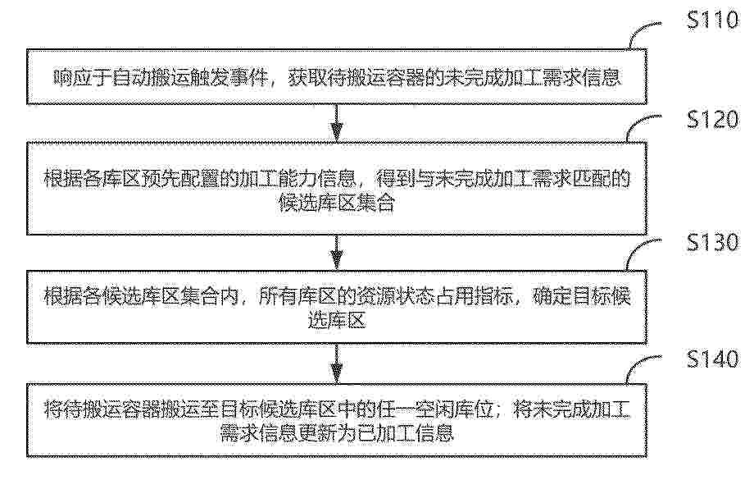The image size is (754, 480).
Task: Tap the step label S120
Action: [x=713, y=119]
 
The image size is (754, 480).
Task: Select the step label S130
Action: [x=713, y=242]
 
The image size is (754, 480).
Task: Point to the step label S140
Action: [x=713, y=359]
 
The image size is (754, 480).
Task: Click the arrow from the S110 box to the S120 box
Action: [x=337, y=123]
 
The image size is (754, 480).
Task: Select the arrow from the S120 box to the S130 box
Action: [x=337, y=253]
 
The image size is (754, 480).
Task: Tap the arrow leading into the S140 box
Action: [x=337, y=363]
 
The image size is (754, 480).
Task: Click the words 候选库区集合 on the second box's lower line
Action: [x=337, y=203]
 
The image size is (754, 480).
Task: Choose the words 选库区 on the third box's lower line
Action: [x=337, y=320]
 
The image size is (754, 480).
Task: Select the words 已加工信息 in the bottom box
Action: [x=406, y=433]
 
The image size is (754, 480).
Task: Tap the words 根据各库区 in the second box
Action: [x=92, y=179]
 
